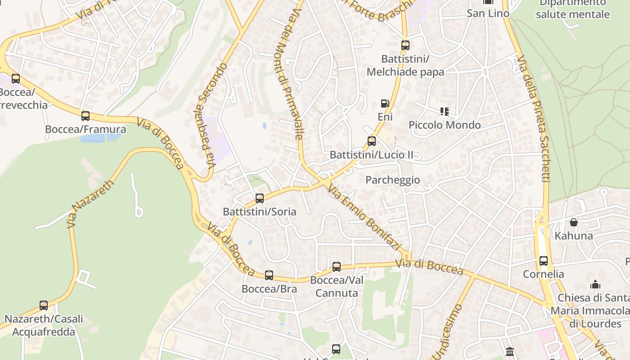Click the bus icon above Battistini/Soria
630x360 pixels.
[260, 198]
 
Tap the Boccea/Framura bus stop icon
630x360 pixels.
[85, 116]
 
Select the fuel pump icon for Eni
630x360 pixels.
[385, 103]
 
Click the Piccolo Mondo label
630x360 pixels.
[445, 125]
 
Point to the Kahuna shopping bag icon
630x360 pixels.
[574, 222]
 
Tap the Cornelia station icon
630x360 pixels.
[544, 261]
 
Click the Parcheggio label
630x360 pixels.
[392, 180]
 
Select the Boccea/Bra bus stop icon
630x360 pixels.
[269, 275]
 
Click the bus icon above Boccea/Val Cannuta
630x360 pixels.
[337, 267]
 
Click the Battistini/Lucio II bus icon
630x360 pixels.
[372, 141]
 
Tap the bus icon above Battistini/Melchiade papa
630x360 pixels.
[405, 45]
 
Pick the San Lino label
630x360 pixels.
[488, 13]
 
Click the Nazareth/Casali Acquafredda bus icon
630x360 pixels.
[44, 306]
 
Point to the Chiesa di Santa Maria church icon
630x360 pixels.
[595, 284]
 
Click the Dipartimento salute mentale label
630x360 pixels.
[572, 9]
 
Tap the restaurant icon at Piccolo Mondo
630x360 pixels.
[445, 112]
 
